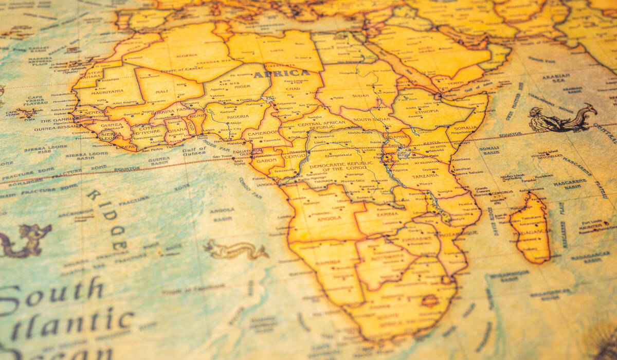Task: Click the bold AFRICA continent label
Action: [282, 74]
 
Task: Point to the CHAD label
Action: [293, 89]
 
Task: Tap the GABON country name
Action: [260, 159]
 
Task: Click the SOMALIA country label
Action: [465, 128]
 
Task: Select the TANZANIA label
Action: [425, 175]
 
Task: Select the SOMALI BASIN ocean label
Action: [489, 151]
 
